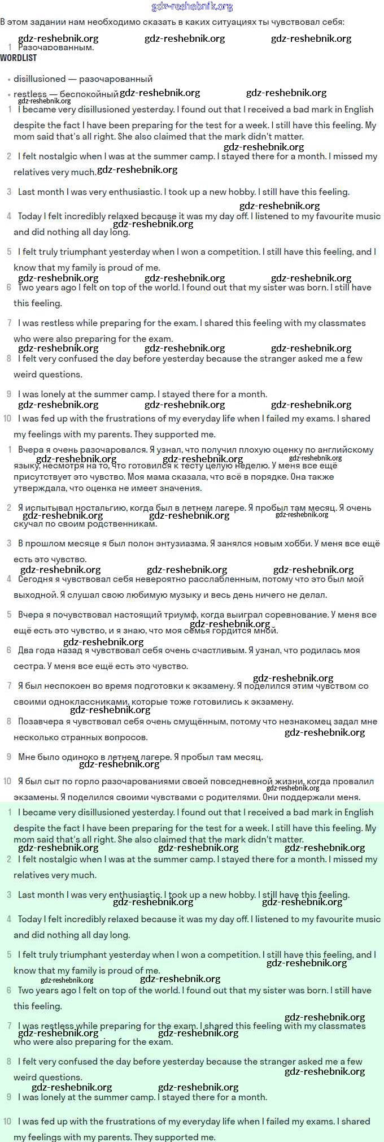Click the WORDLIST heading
[19, 58]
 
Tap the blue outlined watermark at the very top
[192, 7]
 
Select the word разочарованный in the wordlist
[116, 79]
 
